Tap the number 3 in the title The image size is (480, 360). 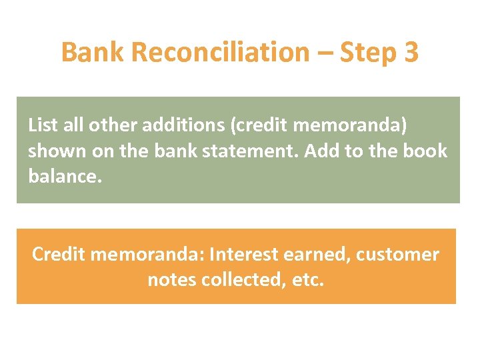pyautogui.click(x=411, y=53)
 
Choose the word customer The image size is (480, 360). pyautogui.click(x=398, y=255)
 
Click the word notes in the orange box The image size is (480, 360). pyautogui.click(x=171, y=279)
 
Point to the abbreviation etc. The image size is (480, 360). pyautogui.click(x=308, y=279)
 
